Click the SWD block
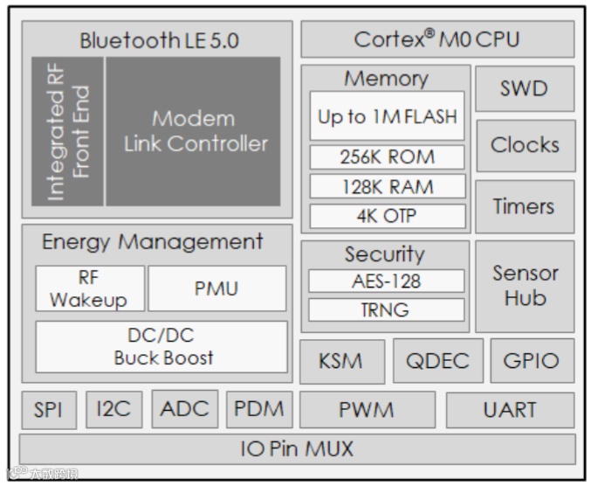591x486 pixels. click(525, 88)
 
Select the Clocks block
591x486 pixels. click(525, 145)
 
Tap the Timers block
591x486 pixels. click(525, 207)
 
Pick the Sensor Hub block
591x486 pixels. click(525, 286)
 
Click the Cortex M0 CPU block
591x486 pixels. click(437, 40)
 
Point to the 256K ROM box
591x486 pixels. click(386, 158)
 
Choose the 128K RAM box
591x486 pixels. click(386, 187)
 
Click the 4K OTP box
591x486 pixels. click(386, 216)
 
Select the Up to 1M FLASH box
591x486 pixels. click(386, 116)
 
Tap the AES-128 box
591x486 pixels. click(386, 281)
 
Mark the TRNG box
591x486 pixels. click(386, 309)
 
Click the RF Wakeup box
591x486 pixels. click(88, 288)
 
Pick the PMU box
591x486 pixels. click(216, 288)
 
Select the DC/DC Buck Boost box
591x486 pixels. click(161, 346)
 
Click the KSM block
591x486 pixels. click(340, 362)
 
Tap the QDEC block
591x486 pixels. click(436, 362)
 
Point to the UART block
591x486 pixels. click(510, 410)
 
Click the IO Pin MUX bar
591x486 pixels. click(297, 449)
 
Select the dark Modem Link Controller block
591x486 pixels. click(194, 131)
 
